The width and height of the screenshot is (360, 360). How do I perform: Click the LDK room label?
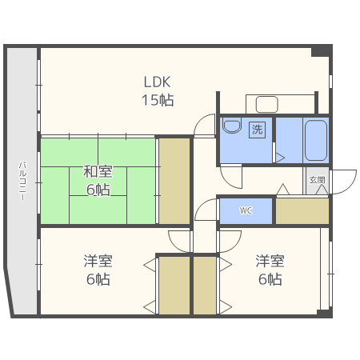(x=157, y=82)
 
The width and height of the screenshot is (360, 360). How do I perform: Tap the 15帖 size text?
(x=158, y=100)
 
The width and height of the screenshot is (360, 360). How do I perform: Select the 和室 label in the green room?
(x=98, y=171)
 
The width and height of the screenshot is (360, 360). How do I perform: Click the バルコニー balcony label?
(x=22, y=181)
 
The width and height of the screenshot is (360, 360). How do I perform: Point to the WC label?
(x=246, y=210)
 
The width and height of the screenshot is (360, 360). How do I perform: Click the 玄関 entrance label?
(x=318, y=180)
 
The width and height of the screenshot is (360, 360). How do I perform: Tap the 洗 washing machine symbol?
(x=258, y=130)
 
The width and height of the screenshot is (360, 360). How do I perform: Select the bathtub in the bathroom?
(x=316, y=141)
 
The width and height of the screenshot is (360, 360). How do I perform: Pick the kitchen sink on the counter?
(x=266, y=105)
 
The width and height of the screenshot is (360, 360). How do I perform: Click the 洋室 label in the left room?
(x=98, y=261)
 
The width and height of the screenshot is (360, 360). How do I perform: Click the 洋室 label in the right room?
(x=270, y=261)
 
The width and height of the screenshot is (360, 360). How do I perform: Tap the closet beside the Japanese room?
(x=174, y=181)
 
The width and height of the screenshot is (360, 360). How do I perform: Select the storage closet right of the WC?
(x=302, y=211)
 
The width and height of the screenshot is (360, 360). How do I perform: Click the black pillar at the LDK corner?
(x=322, y=51)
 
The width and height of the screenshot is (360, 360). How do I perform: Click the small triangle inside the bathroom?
(x=280, y=158)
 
